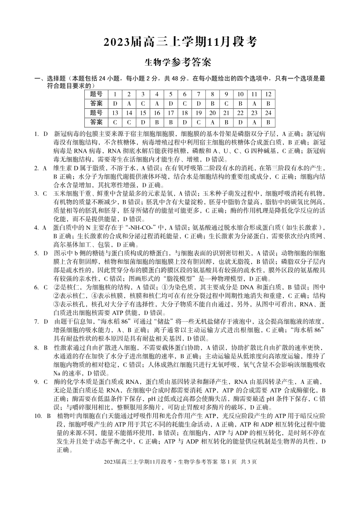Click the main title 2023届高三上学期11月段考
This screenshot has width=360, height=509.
pos(180,42)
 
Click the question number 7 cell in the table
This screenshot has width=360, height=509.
pos(198,94)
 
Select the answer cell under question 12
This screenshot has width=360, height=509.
pos(268,103)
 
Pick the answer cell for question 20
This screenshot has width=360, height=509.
pos(212,122)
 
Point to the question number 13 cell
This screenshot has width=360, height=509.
pos(115,113)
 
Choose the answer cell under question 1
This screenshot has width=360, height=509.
pos(115,103)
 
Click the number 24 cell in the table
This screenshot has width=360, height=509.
pos(268,113)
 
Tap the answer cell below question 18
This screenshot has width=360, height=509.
pos(185,122)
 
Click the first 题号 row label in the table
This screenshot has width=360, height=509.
pos(96,94)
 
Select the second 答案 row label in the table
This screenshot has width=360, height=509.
pos(96,122)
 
